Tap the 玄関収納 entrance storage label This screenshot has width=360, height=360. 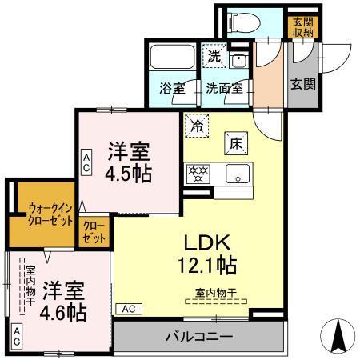click(301, 26)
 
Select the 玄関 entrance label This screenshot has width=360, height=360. click(300, 83)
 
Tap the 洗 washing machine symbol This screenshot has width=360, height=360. click(213, 55)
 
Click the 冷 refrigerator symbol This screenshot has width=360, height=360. click(196, 124)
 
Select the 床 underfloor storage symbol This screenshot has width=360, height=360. click(236, 142)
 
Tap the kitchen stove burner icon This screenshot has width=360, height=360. click(198, 173)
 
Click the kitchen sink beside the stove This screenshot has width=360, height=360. click(237, 173)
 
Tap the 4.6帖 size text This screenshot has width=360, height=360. click(63, 311)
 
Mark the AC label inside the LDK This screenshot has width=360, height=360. click(128, 308)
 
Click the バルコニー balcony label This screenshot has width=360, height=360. click(200, 336)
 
